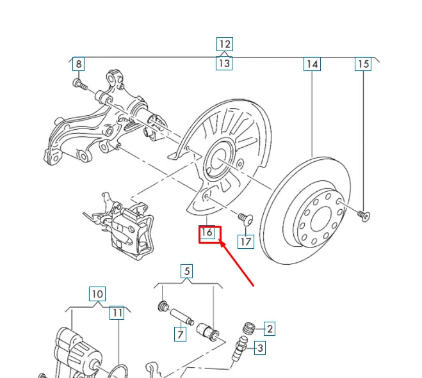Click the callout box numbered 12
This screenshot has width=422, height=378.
225,44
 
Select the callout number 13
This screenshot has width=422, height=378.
224,64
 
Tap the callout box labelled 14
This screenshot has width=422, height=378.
312,64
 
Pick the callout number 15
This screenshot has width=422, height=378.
363,64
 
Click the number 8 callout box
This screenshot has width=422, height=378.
79,64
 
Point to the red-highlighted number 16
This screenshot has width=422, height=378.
207,233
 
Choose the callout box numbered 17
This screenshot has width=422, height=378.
246,241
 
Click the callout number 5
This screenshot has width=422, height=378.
187,271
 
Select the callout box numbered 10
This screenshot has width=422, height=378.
97,294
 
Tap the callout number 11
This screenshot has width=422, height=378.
117,313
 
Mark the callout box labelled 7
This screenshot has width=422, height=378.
180,334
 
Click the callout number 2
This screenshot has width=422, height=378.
270,329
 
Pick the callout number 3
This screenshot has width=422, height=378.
260,348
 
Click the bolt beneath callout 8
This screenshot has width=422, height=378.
80,84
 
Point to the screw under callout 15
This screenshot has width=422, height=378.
364,216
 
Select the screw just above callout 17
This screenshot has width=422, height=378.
245,218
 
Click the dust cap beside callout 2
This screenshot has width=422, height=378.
249,329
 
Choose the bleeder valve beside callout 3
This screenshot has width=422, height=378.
239,349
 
